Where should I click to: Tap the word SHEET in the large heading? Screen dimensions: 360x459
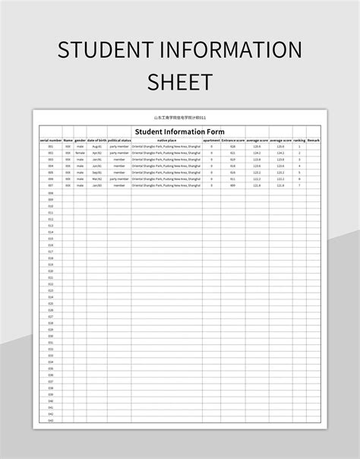point(179,82)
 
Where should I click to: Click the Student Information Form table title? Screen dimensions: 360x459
point(179,131)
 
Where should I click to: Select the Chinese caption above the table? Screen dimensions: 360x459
point(179,118)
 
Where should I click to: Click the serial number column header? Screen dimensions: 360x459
point(51,141)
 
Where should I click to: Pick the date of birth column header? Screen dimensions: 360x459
point(96,141)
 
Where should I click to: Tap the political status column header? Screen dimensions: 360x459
point(119,141)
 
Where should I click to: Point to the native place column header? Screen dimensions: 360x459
point(166,141)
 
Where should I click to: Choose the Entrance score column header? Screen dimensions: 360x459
point(233,141)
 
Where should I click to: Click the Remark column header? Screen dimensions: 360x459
point(313,141)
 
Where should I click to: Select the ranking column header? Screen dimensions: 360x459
point(299,141)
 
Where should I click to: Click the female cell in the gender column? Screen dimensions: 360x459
point(80,153)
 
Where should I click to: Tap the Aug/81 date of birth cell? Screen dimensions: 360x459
point(96,147)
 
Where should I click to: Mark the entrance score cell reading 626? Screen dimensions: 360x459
point(233,147)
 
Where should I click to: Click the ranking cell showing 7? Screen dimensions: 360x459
point(299,185)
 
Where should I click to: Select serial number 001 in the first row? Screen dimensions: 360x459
point(51,147)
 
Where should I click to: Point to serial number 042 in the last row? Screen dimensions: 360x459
point(51,419)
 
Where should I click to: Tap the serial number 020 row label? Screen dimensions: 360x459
point(51,271)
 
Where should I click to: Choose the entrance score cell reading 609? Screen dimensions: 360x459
point(233,185)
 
